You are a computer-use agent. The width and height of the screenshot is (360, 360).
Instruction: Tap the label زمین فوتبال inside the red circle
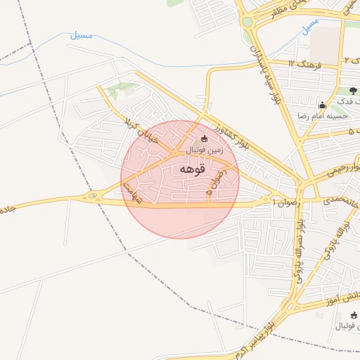click(205, 150)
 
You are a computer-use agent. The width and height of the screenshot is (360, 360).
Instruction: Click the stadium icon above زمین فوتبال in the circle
click(205, 139)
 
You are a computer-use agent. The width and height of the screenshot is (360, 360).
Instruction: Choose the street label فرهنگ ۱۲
click(304, 65)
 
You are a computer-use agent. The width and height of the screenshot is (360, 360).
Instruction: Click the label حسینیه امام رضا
click(323, 115)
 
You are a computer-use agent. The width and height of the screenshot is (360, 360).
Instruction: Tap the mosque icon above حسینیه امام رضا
click(323, 104)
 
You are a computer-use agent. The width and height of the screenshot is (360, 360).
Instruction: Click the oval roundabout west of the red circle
click(93, 196)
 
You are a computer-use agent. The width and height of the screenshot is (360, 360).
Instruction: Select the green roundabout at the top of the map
click(247, 22)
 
